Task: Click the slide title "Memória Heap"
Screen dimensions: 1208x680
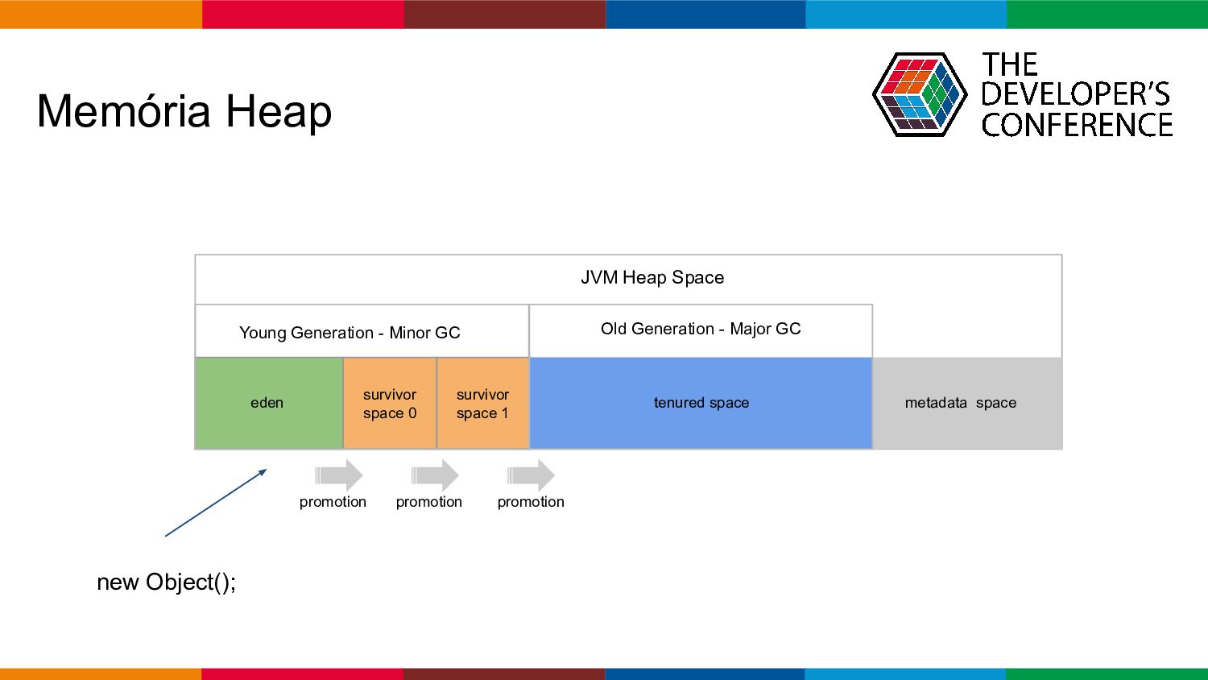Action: [184, 111]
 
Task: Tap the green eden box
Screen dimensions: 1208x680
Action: [268, 403]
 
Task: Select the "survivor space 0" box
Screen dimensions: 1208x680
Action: [389, 403]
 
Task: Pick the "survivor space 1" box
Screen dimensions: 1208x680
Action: [482, 403]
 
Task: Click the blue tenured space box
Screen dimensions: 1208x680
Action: [701, 403]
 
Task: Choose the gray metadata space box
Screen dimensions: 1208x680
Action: [967, 403]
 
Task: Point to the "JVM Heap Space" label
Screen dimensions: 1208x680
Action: [652, 277]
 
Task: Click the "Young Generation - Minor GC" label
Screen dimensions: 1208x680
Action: [350, 333]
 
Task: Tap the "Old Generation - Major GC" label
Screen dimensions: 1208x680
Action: [701, 329]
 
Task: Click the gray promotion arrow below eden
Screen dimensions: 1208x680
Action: [339, 475]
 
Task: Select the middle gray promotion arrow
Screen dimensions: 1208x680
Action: [435, 475]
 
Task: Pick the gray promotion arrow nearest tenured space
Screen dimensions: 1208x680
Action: [531, 475]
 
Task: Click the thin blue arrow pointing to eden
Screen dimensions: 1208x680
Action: [216, 503]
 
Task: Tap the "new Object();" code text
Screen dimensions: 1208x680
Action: [166, 583]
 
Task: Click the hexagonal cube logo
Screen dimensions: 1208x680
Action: [920, 94]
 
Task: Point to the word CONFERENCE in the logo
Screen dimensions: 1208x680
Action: [1077, 125]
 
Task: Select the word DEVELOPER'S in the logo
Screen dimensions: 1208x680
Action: [1075, 94]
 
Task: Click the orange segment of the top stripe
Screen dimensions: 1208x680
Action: [101, 14]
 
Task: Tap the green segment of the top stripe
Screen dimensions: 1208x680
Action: [1107, 14]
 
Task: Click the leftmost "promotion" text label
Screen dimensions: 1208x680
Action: [333, 502]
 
